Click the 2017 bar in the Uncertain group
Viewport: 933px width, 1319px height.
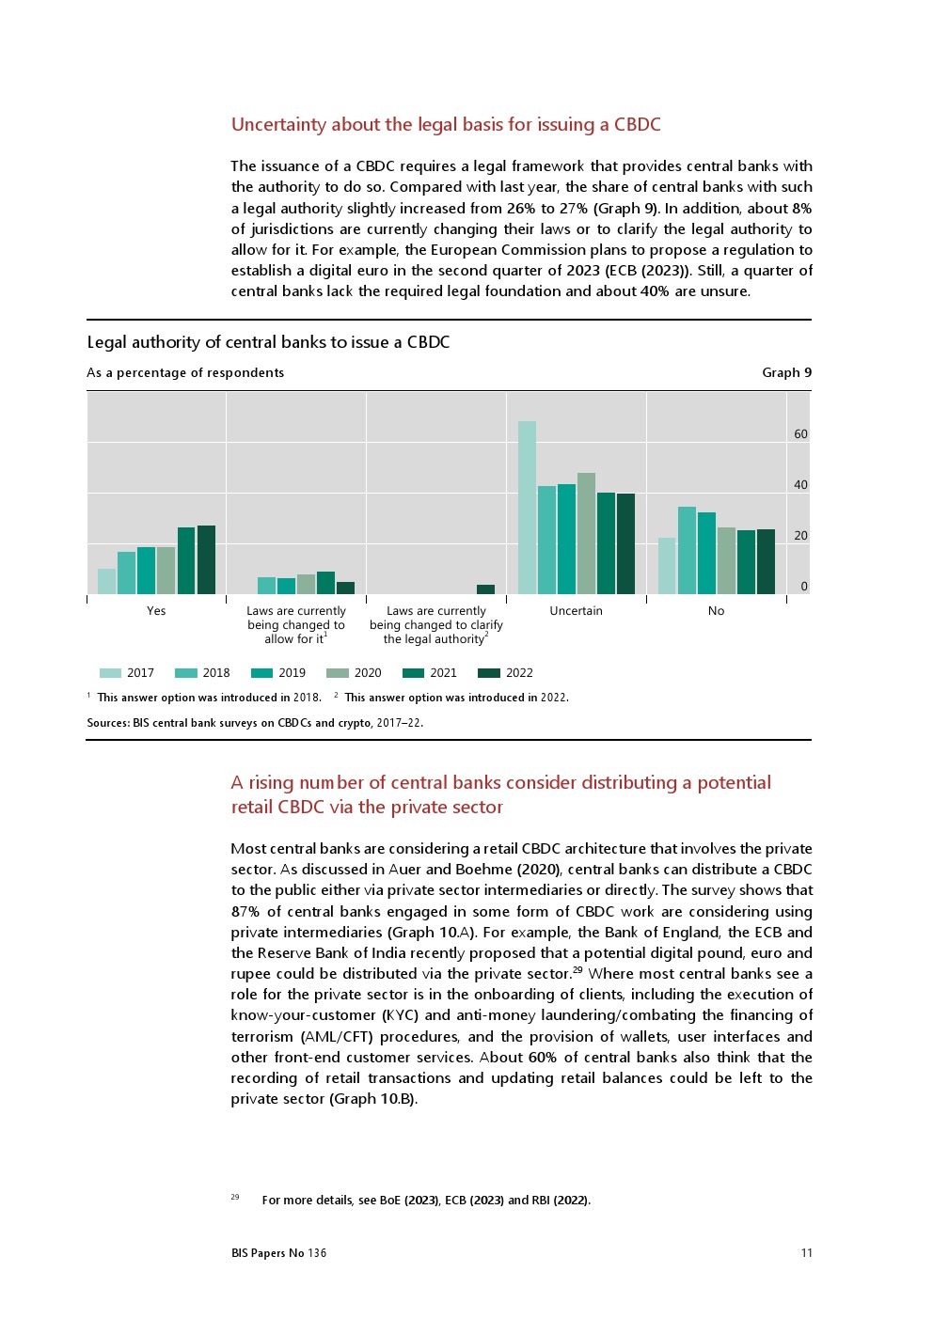pyautogui.click(x=527, y=508)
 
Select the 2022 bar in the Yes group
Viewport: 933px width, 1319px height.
pyautogui.click(x=206, y=559)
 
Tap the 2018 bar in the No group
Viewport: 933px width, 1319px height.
pyautogui.click(x=687, y=550)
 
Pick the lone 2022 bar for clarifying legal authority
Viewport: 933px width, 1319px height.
pyautogui.click(x=485, y=589)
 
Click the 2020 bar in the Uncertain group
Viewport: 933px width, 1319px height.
pyautogui.click(x=586, y=533)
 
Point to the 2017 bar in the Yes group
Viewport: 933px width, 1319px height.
pyautogui.click(x=107, y=581)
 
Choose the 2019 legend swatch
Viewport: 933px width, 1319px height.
pyautogui.click(x=261, y=673)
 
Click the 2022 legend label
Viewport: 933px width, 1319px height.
pyautogui.click(x=519, y=673)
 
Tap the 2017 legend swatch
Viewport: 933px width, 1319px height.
pyautogui.click(x=110, y=673)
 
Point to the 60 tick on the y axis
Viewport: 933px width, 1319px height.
pyautogui.click(x=800, y=434)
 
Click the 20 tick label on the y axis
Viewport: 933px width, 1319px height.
pyautogui.click(x=800, y=536)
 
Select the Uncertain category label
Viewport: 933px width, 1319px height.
pyautogui.click(x=576, y=611)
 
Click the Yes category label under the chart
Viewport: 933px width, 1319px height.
pyautogui.click(x=156, y=611)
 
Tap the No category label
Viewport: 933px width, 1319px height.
pyautogui.click(x=716, y=611)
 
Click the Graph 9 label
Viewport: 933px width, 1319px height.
pyautogui.click(x=786, y=372)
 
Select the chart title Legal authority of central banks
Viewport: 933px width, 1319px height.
pyautogui.click(x=268, y=342)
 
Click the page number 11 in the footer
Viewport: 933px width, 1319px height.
pyautogui.click(x=806, y=1252)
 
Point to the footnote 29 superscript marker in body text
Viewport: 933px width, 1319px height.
pyautogui.click(x=577, y=969)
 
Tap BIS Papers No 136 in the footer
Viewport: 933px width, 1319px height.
pyautogui.click(x=278, y=1252)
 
